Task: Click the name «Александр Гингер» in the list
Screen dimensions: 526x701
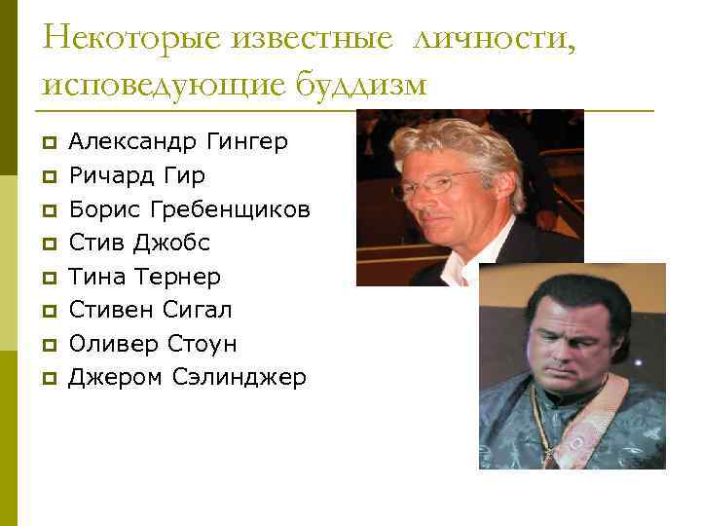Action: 178,142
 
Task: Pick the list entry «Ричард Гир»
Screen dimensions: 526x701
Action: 136,176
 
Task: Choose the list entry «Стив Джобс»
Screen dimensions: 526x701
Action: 139,243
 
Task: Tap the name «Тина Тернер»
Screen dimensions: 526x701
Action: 144,277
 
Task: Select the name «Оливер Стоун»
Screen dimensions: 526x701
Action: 152,344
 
